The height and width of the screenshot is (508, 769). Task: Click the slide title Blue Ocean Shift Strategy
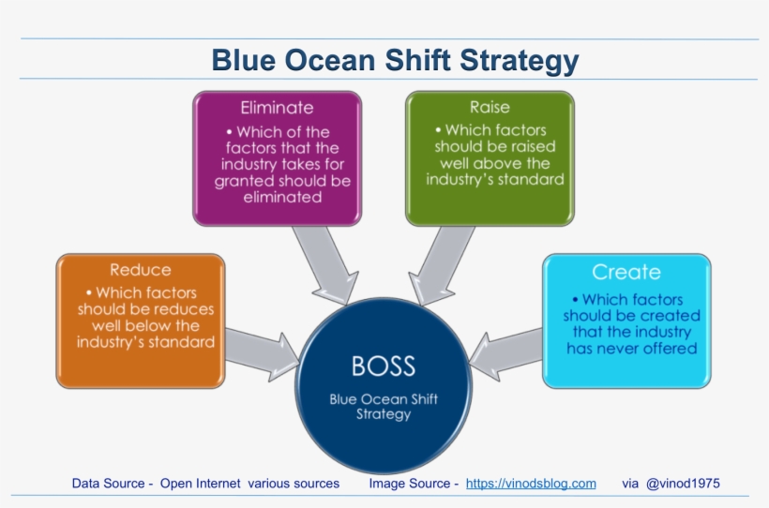click(x=395, y=60)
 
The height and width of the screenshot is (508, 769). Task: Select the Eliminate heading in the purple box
click(x=277, y=108)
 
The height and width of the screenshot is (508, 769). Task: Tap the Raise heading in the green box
click(x=490, y=108)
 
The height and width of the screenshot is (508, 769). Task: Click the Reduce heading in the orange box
click(x=141, y=270)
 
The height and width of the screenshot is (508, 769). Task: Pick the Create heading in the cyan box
click(x=626, y=273)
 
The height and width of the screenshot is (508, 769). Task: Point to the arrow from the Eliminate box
click(x=323, y=262)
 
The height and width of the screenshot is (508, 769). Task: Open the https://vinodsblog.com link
click(x=531, y=484)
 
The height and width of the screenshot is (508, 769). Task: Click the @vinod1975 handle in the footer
click(x=683, y=484)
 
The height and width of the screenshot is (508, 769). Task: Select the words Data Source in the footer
click(x=108, y=484)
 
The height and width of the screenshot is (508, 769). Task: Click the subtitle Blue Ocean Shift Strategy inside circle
click(x=383, y=406)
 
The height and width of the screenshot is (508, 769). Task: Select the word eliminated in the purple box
click(x=278, y=197)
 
